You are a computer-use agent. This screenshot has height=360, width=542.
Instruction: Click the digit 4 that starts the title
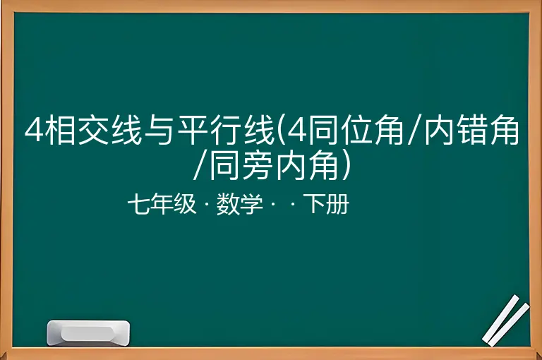(x=34, y=131)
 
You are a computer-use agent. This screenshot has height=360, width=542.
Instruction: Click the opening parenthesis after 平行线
(x=281, y=131)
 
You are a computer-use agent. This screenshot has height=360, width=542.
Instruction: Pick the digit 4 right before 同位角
(x=296, y=131)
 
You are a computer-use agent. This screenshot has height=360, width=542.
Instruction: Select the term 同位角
(x=355, y=131)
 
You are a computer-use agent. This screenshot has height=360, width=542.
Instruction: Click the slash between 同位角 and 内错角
(x=414, y=131)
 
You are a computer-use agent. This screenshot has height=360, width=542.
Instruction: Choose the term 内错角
(x=471, y=131)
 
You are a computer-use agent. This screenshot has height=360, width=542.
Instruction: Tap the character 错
(x=471, y=131)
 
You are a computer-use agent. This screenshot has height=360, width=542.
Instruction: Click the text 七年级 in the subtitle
(x=162, y=204)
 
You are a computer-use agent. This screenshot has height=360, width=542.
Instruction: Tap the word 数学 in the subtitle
(x=240, y=204)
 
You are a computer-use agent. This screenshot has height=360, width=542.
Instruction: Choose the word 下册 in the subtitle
(x=326, y=204)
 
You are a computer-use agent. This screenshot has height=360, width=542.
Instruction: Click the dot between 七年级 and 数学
(x=206, y=205)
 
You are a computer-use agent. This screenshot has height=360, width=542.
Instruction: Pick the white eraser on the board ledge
(x=88, y=333)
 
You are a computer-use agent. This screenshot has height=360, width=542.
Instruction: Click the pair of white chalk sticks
(x=506, y=320)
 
